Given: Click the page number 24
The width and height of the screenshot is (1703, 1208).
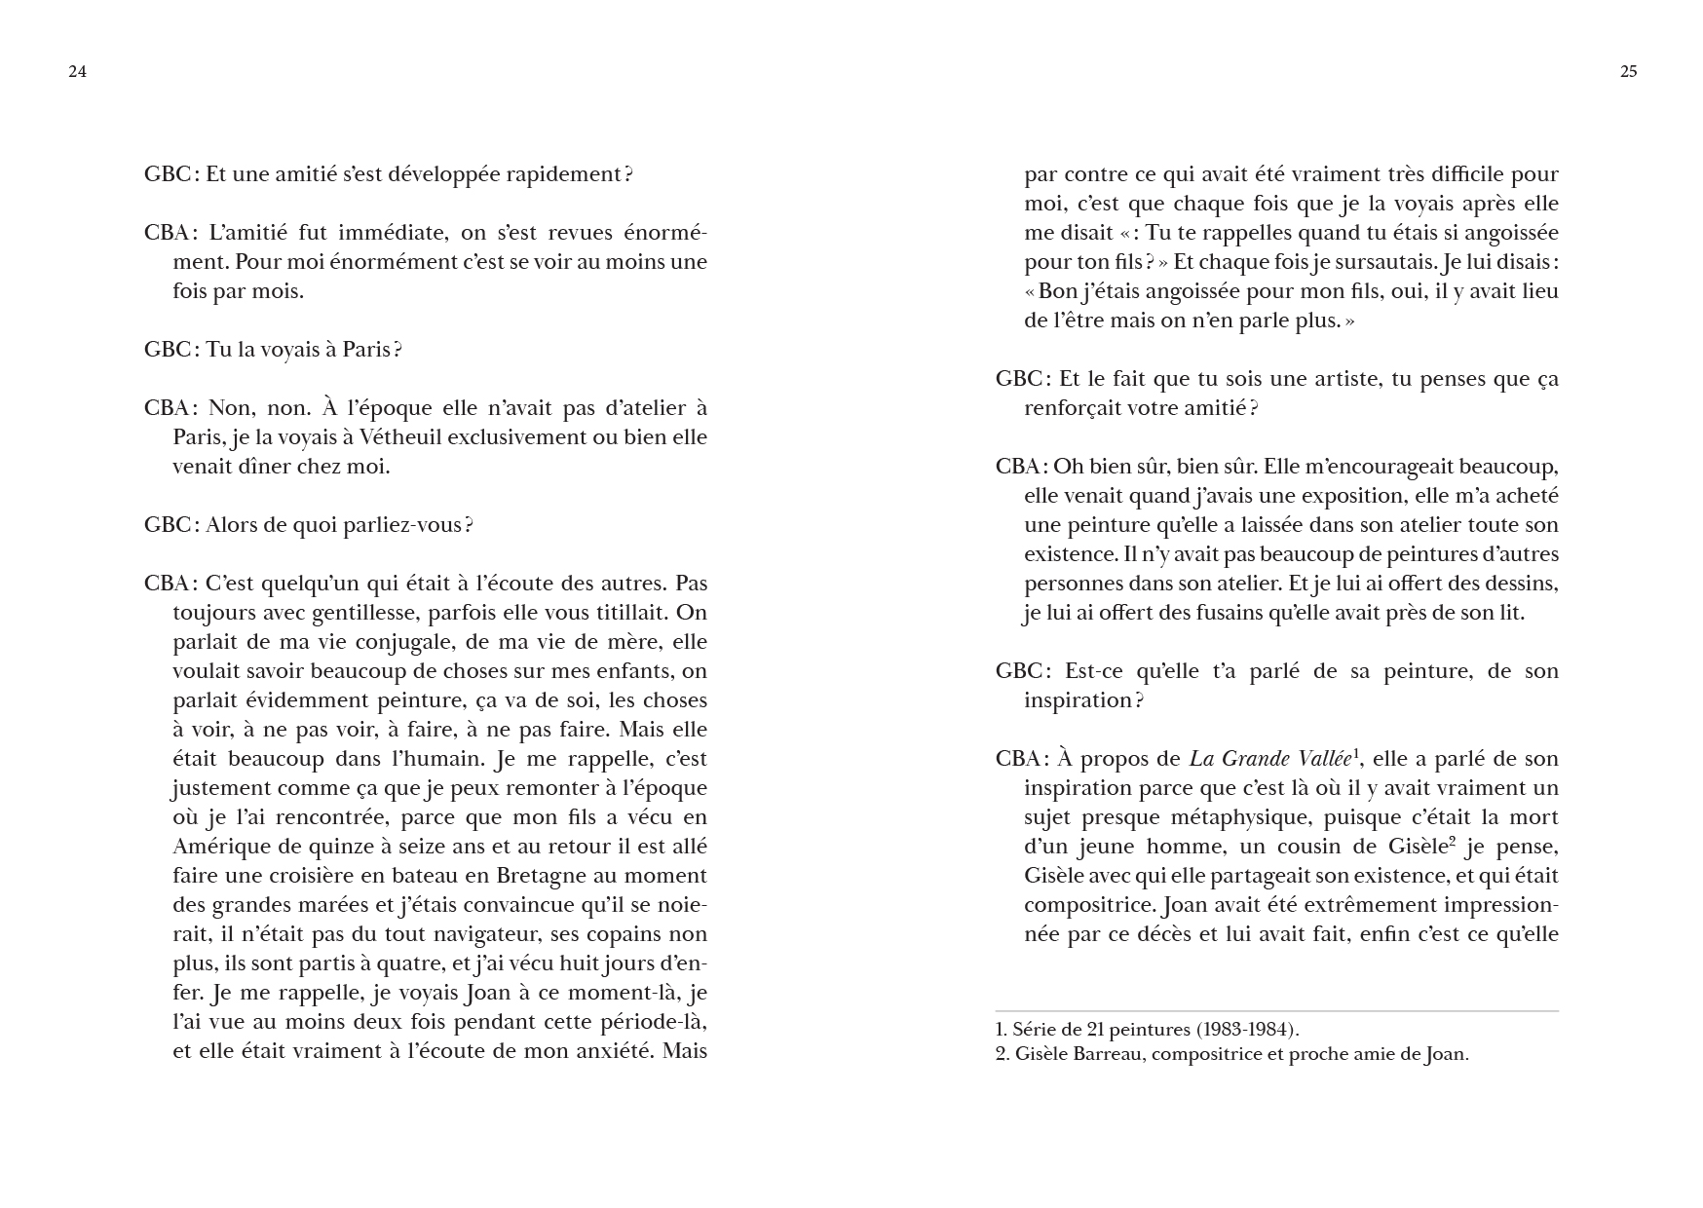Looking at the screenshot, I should (77, 71).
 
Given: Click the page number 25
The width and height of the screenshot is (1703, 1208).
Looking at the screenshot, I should (1628, 71).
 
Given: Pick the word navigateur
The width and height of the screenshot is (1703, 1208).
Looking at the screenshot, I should (484, 934).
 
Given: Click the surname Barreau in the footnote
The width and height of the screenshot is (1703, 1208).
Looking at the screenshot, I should (1114, 1054).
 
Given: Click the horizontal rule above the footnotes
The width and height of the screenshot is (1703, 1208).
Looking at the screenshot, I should (1276, 1011).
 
